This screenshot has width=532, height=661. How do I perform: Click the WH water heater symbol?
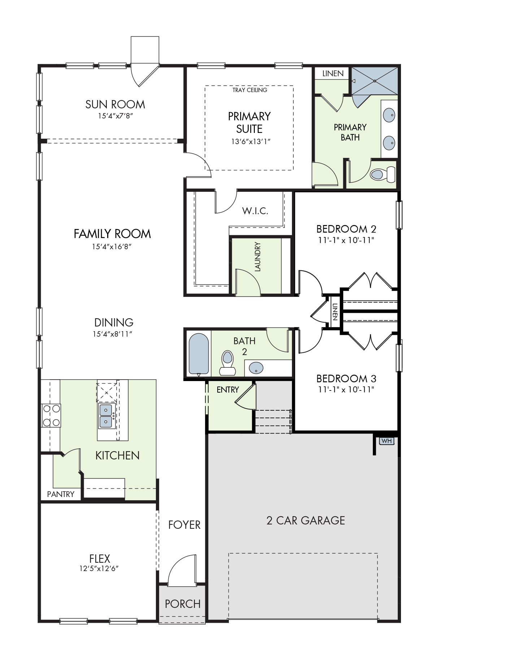point(386,441)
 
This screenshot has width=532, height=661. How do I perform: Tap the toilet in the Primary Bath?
point(383,174)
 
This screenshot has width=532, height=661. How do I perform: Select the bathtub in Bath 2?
point(199,354)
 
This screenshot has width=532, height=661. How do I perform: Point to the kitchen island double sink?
point(106,416)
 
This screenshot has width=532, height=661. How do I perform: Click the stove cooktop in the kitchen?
point(51,415)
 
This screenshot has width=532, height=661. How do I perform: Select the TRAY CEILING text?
point(250,90)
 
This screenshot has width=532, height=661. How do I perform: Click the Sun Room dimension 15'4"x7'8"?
point(113,116)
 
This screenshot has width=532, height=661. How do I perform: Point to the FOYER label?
point(184,525)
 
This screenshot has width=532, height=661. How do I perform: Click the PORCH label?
point(183,604)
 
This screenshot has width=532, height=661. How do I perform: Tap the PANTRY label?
point(61,494)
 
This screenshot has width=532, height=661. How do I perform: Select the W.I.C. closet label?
point(255,211)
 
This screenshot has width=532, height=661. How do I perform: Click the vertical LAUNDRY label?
point(257,257)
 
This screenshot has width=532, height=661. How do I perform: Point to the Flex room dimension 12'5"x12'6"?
point(99,569)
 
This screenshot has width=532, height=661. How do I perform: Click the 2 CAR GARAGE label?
point(306,520)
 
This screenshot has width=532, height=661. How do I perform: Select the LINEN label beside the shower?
point(333,74)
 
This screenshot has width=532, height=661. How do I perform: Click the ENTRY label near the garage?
point(228,390)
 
